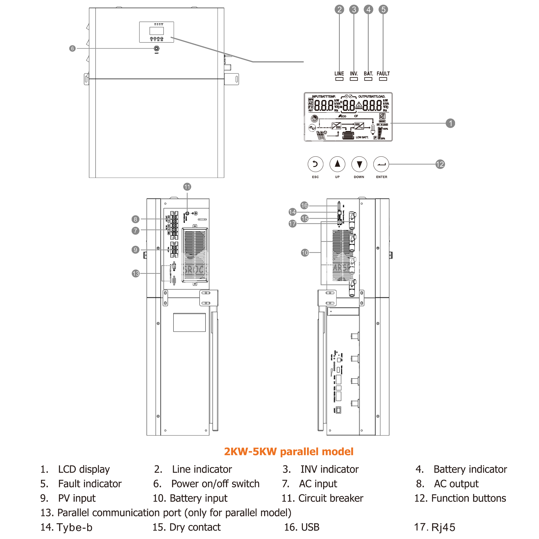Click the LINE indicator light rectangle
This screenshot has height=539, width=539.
point(339,79)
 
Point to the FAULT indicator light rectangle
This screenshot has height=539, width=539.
point(383,79)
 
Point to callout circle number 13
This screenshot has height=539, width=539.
point(136,273)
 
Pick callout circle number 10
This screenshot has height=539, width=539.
point(305,253)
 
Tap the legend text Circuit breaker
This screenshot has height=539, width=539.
point(331,498)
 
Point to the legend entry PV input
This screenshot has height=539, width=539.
point(77,498)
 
